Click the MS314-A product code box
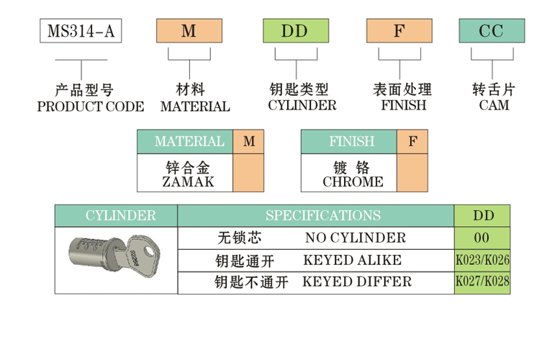point(80,32)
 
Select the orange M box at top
point(189,32)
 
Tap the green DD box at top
point(295,32)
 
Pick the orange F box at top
point(399,32)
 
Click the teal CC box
point(492,32)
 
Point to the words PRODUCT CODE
point(90,107)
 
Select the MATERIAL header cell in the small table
point(185,142)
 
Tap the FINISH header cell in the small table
point(348,142)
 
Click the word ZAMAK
point(186,181)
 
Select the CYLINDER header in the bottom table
point(117,216)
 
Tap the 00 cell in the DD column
point(482,238)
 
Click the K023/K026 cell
point(482,260)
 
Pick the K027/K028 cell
point(482,282)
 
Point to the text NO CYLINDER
point(355,238)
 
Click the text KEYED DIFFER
point(357,282)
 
